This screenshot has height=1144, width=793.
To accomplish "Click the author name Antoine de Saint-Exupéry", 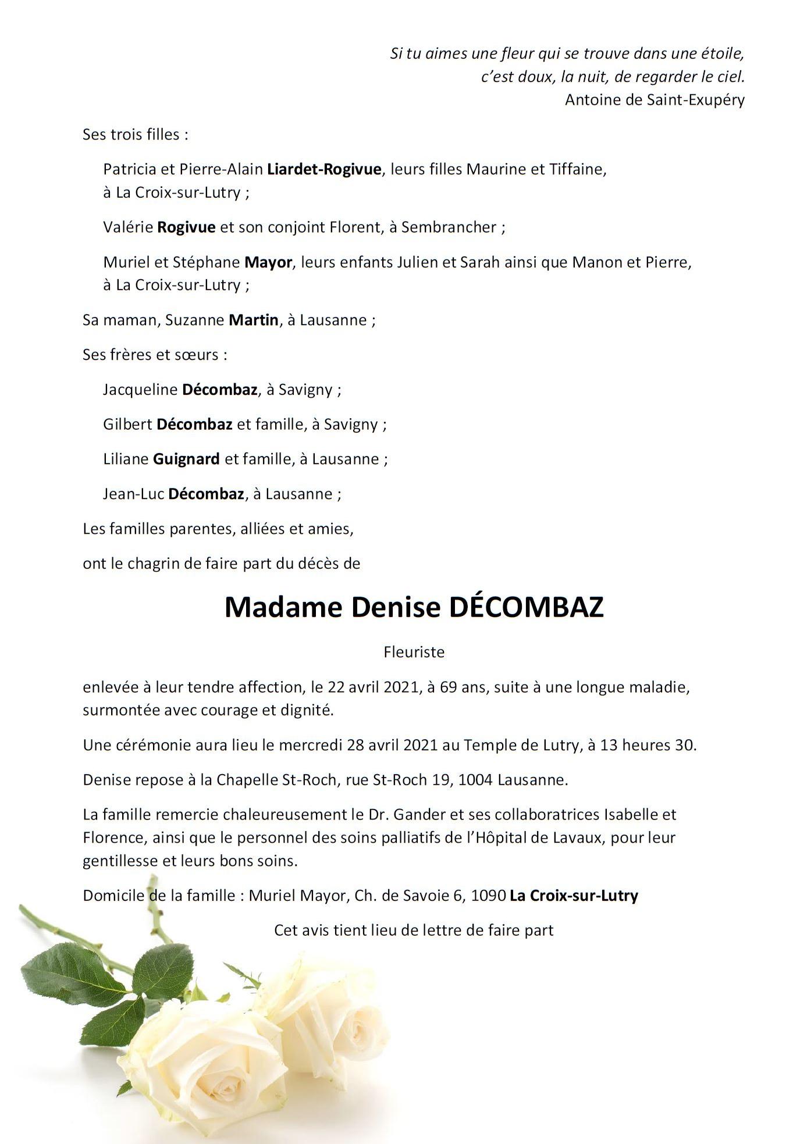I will tap(655, 100).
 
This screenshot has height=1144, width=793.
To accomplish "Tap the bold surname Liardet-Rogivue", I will tap(324, 169).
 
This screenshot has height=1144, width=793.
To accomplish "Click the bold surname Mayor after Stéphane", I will tap(268, 262).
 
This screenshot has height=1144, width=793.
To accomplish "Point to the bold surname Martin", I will tap(253, 320).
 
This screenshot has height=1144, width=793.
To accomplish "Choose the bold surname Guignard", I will tap(186, 459).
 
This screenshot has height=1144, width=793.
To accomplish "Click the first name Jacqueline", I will tap(140, 390).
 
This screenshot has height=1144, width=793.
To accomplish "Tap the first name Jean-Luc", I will tap(133, 494).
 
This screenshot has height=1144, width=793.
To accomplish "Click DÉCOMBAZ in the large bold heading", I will tap(527, 607).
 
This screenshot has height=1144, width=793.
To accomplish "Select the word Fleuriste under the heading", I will tap(414, 652).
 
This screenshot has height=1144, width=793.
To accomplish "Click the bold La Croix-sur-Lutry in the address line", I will tap(574, 896).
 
